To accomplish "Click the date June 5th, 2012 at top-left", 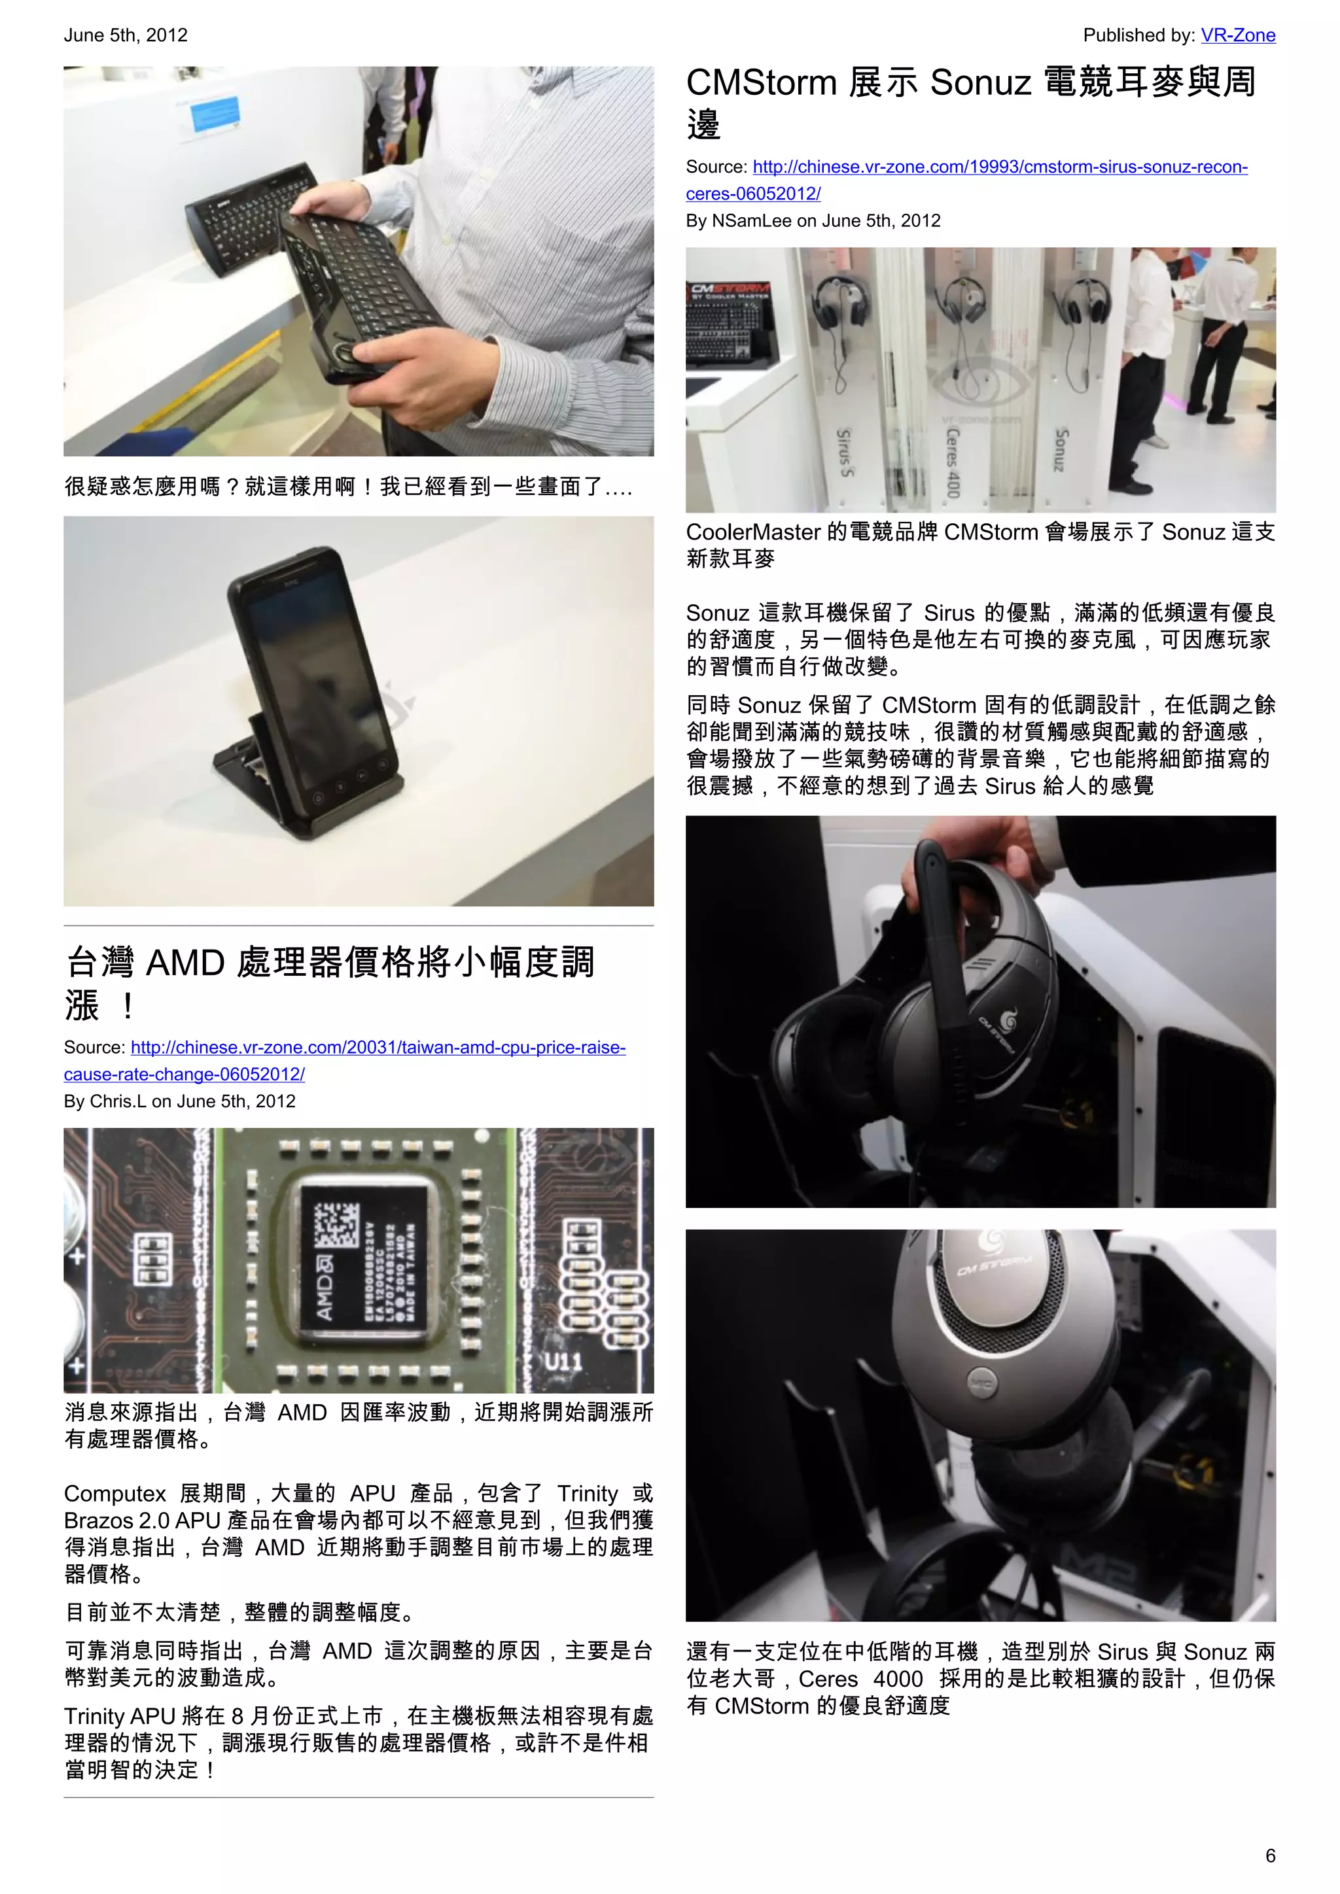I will pos(126,35).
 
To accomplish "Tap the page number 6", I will pos(1270,1855).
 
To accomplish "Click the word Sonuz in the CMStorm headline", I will pos(980,83).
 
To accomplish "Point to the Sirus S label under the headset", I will pos(844,453).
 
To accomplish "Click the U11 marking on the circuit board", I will pos(562,1362).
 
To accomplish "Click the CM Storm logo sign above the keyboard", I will pos(730,291).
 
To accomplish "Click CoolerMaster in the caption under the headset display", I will pos(752,533).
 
